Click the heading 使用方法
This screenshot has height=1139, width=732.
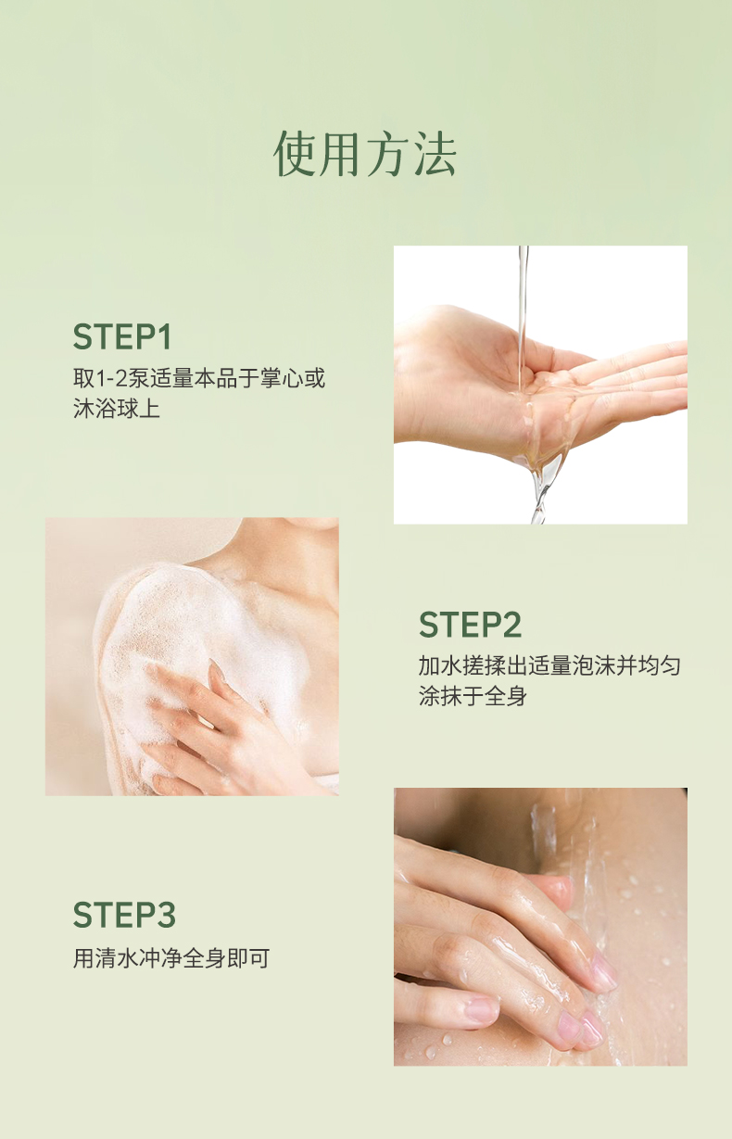click(365, 154)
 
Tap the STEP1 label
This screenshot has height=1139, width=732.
click(122, 336)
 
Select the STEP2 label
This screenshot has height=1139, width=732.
click(470, 624)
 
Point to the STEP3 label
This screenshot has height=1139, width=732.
click(124, 914)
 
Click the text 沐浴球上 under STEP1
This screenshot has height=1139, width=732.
click(117, 409)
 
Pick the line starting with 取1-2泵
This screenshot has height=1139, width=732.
click(199, 378)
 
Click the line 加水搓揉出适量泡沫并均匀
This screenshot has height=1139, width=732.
click(549, 665)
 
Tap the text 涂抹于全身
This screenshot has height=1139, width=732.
click(473, 696)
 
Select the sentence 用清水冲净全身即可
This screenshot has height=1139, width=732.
click(171, 958)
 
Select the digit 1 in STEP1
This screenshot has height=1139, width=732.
click(163, 336)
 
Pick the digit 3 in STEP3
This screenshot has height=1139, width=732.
click(166, 914)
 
